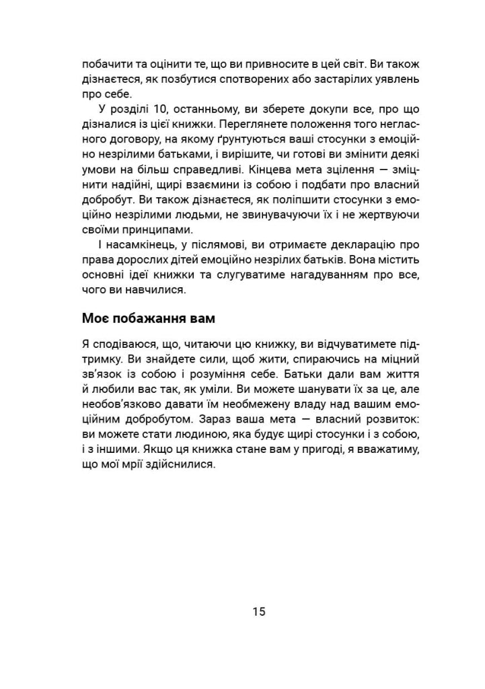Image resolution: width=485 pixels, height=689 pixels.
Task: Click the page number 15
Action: (x=260, y=612)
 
